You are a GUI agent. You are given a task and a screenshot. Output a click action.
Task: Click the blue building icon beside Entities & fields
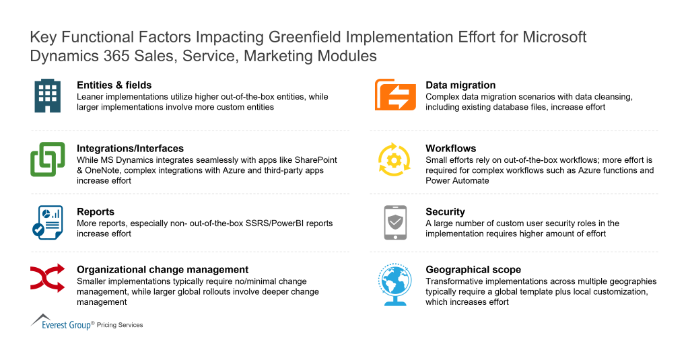click(48, 96)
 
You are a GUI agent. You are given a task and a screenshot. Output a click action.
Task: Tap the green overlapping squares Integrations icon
click(48, 159)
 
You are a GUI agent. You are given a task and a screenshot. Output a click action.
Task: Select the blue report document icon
click(48, 222)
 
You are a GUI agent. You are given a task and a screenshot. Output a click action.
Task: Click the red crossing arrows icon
click(48, 278)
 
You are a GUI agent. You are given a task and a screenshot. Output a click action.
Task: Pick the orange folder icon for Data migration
click(395, 96)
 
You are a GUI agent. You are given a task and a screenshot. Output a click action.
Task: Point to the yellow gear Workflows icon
click(395, 159)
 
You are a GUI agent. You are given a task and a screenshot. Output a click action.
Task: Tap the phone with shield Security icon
click(395, 222)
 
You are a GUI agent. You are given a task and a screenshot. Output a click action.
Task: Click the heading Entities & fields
click(114, 85)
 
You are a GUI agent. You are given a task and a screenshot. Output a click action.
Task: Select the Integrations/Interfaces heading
click(130, 149)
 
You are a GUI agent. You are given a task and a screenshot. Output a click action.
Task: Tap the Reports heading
click(96, 211)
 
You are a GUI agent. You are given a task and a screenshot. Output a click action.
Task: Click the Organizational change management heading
click(163, 270)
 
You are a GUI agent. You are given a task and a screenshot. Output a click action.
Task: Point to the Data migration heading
click(460, 85)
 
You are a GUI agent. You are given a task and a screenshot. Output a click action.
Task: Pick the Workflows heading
click(450, 149)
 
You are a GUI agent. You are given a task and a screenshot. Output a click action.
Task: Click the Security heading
click(445, 211)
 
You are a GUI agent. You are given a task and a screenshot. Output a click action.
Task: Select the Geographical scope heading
click(473, 270)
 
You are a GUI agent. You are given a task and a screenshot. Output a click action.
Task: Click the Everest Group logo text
click(67, 324)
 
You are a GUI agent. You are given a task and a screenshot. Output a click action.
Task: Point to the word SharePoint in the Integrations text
click(313, 160)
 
